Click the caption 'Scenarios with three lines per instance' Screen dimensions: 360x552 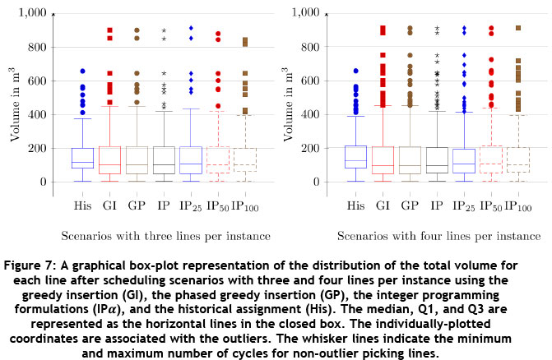pos(162,237)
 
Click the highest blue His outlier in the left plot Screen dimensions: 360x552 pos(82,72)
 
